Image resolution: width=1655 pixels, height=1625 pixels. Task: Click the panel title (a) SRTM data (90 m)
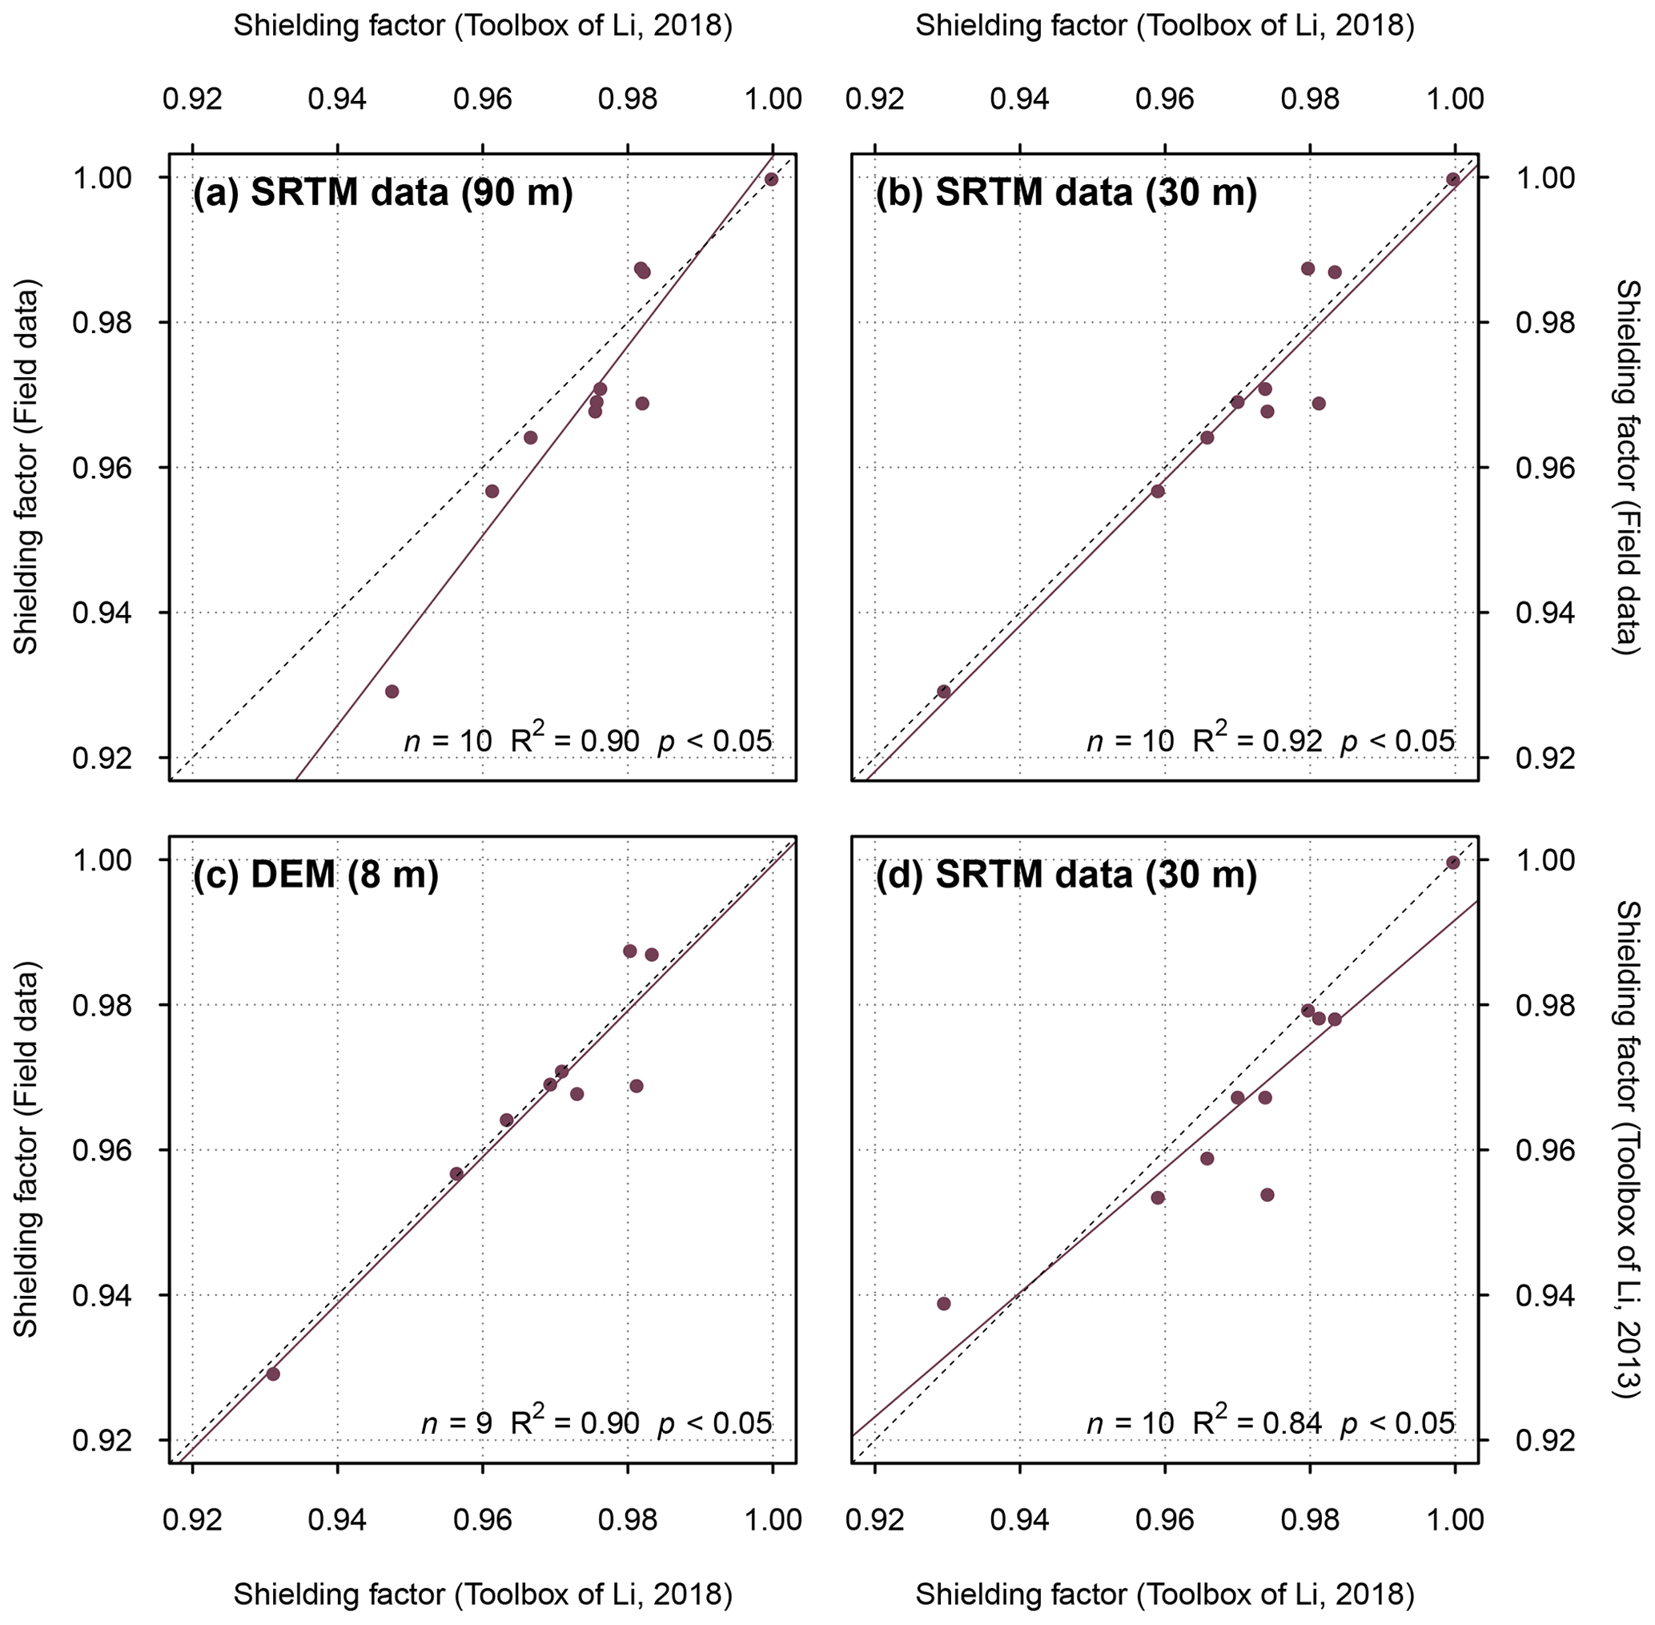[x=382, y=193]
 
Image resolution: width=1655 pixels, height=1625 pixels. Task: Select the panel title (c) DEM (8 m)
[x=315, y=875]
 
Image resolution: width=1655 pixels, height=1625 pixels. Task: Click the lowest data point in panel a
[x=392, y=691]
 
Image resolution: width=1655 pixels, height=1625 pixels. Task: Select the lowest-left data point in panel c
[x=273, y=1374]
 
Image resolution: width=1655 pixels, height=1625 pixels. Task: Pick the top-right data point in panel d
[x=1452, y=863]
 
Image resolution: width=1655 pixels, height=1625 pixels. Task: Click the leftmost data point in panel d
[x=943, y=1303]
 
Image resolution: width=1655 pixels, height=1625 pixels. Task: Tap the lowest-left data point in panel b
[x=943, y=691]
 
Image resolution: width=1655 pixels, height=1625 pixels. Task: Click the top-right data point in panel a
[x=771, y=179]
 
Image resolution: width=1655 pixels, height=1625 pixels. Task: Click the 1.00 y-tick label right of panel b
[x=1544, y=179]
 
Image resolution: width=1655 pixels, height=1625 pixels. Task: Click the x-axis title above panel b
[x=1164, y=26]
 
